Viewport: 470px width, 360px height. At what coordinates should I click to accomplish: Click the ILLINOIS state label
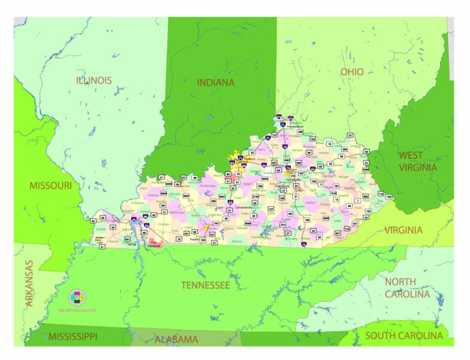(94, 80)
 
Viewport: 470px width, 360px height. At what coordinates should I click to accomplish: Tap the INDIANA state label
(215, 83)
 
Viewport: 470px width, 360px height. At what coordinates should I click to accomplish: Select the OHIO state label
(352, 72)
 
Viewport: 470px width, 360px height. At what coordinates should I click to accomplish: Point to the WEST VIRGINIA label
(418, 161)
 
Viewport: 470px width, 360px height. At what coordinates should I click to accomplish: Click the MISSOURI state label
(50, 186)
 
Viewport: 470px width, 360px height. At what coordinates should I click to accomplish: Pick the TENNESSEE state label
(206, 285)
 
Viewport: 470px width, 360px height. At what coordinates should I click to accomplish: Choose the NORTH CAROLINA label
(407, 288)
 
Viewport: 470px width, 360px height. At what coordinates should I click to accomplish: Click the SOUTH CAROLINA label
(403, 336)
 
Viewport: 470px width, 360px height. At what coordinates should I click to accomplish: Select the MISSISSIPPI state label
(73, 336)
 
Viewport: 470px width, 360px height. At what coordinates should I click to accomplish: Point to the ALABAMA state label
(176, 340)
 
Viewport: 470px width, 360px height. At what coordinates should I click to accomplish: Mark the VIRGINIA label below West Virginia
(403, 230)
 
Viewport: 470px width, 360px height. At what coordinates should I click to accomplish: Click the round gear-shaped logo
(77, 297)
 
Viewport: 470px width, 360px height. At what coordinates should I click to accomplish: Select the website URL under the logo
(77, 310)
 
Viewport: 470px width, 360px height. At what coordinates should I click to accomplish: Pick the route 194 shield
(388, 196)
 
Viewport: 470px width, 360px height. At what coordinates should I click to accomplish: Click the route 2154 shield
(255, 196)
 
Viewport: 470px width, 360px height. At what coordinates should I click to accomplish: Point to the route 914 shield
(284, 224)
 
